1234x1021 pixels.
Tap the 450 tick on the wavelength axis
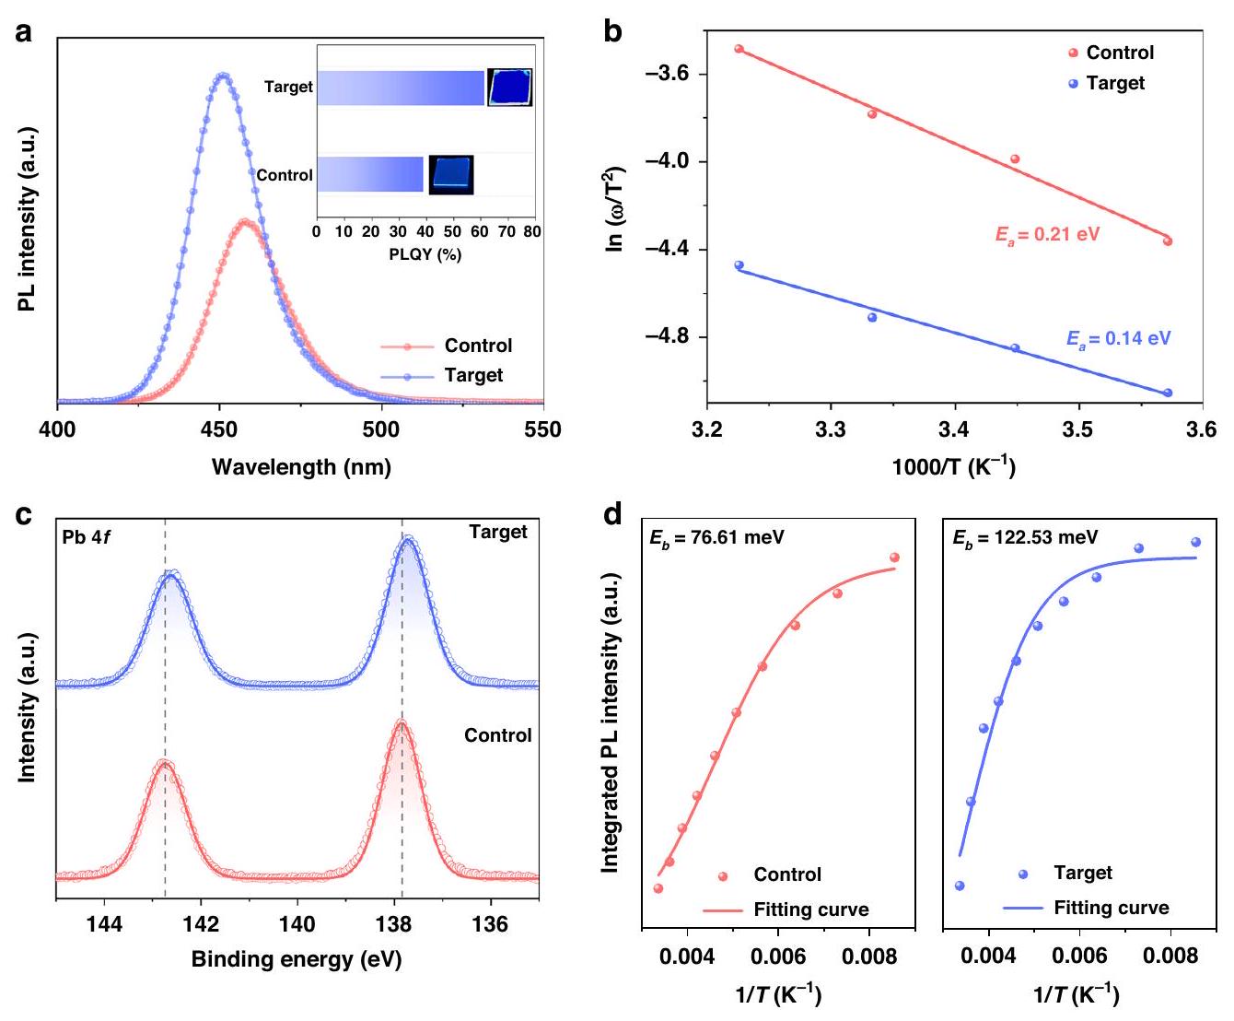[x=219, y=429]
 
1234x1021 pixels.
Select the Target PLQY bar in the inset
[x=401, y=88]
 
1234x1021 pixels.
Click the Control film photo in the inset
[x=451, y=174]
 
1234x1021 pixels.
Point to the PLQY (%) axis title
[x=425, y=254]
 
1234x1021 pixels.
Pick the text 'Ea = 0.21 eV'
[x=1047, y=234]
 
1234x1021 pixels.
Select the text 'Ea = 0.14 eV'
[x=1118, y=338]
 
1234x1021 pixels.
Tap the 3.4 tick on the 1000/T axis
[x=954, y=429]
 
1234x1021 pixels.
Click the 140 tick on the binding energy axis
[x=297, y=924]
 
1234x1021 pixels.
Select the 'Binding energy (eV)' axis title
[x=297, y=959]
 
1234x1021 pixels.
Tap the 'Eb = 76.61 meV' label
[x=716, y=537]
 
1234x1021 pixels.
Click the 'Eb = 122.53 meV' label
[x=1025, y=537]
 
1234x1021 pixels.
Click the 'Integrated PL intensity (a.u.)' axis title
[x=610, y=723]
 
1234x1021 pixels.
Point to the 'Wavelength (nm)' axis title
[x=301, y=467]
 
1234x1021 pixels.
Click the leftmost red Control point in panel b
[x=739, y=49]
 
